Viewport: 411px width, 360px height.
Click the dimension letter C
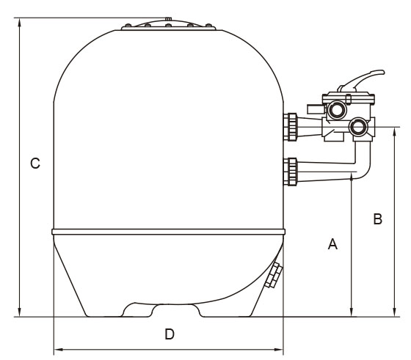[35, 163]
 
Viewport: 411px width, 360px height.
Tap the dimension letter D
[170, 334]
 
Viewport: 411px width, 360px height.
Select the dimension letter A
[332, 243]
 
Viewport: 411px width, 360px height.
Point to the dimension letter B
[377, 219]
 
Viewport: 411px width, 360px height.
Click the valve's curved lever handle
[363, 79]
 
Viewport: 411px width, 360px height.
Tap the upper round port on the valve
[335, 110]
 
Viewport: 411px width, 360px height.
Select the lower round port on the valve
[357, 127]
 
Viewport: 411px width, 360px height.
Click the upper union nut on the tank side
[292, 127]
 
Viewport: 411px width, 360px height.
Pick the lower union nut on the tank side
[292, 172]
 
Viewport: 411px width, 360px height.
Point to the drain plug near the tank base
[274, 276]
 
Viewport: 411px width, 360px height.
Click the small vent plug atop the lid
[168, 19]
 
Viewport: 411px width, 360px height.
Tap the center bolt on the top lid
[169, 26]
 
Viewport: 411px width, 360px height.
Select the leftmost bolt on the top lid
[128, 26]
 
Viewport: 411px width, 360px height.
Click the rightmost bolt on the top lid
[208, 26]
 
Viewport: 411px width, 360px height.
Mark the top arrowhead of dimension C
[19, 22]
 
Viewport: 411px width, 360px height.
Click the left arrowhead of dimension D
[58, 349]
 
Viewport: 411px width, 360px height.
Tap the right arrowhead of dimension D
[279, 349]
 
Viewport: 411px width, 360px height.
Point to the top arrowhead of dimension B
[394, 131]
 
